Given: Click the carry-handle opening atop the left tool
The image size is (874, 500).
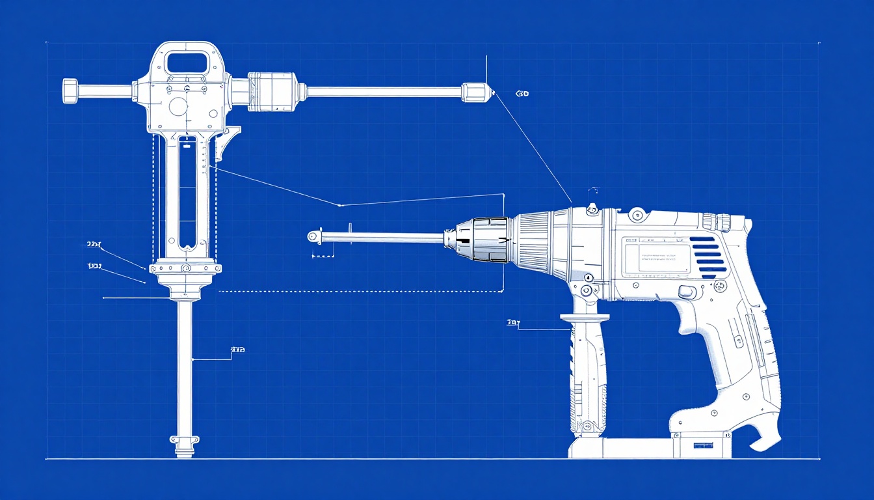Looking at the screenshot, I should [x=187, y=62].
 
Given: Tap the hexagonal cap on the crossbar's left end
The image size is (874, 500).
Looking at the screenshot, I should [x=70, y=90].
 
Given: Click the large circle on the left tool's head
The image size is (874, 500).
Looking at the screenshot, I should [x=178, y=106].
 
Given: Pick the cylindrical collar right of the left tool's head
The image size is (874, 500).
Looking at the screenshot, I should [x=272, y=90].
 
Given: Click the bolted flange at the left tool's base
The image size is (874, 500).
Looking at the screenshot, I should [x=185, y=268].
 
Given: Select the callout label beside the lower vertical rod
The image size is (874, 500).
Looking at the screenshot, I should [x=237, y=350].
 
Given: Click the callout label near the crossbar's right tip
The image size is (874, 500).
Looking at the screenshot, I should [x=522, y=94].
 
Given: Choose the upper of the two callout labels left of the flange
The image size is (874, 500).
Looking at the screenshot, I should [x=94, y=245].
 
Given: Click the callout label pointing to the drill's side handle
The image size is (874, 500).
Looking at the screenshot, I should [x=513, y=322].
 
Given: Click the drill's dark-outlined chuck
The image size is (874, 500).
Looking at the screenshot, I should [x=489, y=240].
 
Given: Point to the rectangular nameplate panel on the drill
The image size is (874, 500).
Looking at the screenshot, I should [x=656, y=257].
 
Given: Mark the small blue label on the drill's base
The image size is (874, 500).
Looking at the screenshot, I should [x=703, y=446].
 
